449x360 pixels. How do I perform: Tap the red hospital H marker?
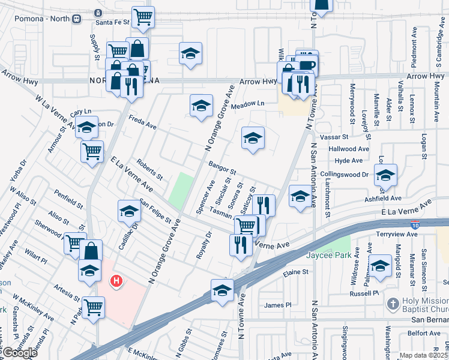pyautogui.click(x=116, y=280)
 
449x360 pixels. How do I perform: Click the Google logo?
pyautogui.click(x=19, y=352)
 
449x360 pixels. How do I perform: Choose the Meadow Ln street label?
pyautogui.click(x=248, y=104)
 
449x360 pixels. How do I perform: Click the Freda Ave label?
pyautogui.click(x=142, y=122)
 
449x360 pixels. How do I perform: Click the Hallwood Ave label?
pyautogui.click(x=352, y=148)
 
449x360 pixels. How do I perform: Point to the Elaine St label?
pyautogui.click(x=295, y=272)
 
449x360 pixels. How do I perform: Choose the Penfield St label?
pyautogui.click(x=68, y=199)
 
